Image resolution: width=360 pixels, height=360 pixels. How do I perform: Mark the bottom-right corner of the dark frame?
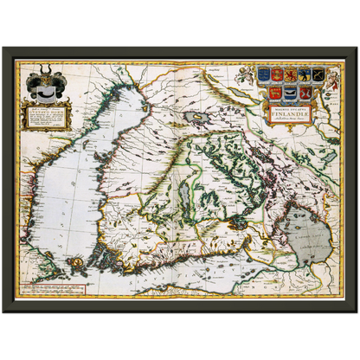[356, 314]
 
